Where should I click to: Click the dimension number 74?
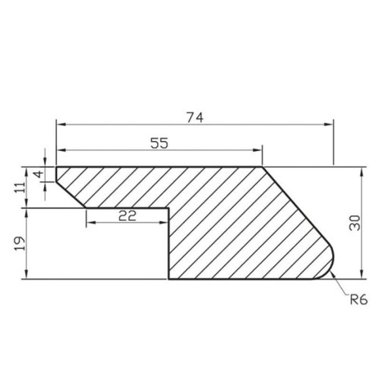pyautogui.click(x=195, y=117)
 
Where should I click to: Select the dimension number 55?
pyautogui.click(x=159, y=143)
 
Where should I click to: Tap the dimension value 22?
pyautogui.click(x=127, y=216)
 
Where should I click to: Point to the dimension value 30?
pyautogui.click(x=355, y=223)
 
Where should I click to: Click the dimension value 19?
pyautogui.click(x=19, y=243)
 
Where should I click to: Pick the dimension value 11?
pyautogui.click(x=19, y=187)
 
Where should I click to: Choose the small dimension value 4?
pyautogui.click(x=39, y=174)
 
